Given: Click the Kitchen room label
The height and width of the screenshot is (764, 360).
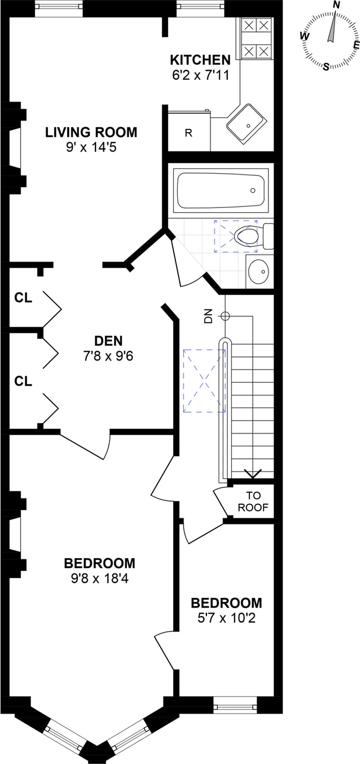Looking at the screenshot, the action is pos(200,60).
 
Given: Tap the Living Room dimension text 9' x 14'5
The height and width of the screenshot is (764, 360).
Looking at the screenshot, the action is pos(91,147).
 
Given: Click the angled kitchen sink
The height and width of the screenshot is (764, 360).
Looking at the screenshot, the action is pos(247,122).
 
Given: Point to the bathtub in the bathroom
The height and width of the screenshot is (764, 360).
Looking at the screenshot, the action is pos(220,190).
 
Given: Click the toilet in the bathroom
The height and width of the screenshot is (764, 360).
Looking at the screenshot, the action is pos(254,235).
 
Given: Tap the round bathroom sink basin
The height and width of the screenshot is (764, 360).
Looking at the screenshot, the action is pos(258,271).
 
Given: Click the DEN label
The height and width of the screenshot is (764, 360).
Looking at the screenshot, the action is pos(108,341).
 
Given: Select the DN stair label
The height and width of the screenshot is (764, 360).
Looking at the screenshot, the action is pos(209,315).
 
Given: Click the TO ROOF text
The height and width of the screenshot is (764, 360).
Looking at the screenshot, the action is pos(253,502).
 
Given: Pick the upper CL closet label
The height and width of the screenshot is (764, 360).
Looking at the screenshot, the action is pos(23,298).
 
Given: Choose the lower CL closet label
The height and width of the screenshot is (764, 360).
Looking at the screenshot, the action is pos(23,381).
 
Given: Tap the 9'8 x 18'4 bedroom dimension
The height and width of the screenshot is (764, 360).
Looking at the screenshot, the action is pos(99,579).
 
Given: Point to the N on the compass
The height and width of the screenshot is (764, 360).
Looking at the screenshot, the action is pos(337,5).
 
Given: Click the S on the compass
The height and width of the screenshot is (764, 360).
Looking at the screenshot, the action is pos(326,66).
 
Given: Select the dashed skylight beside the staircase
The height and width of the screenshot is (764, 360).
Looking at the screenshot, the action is pos(204,381).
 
